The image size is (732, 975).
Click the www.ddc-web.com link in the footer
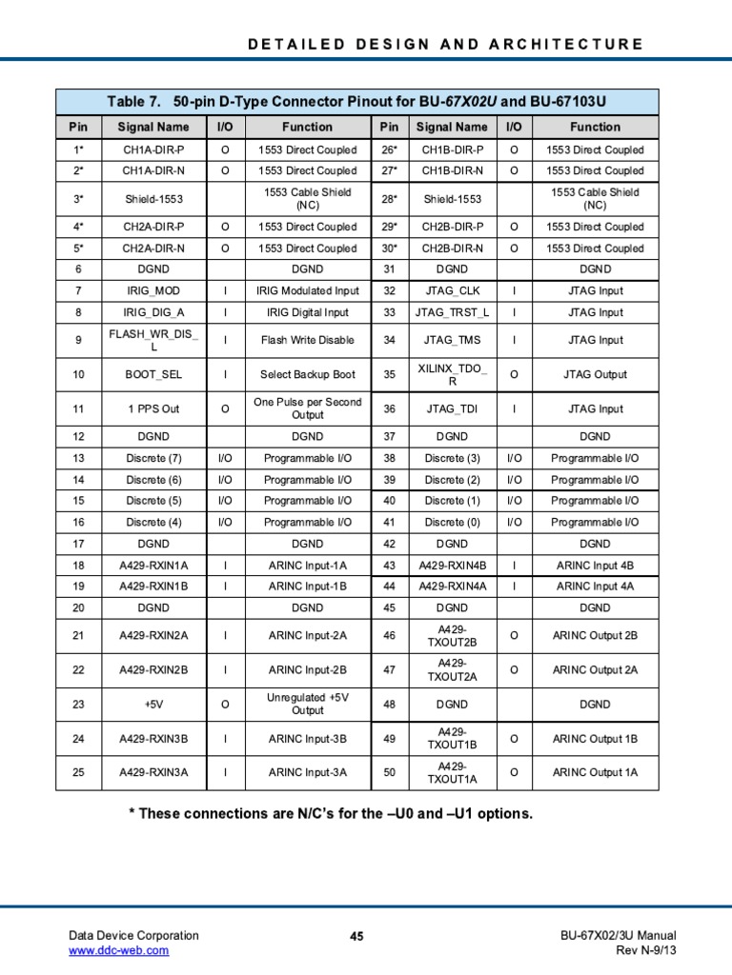tap(118, 950)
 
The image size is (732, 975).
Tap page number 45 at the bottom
tap(357, 937)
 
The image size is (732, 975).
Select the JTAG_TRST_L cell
tap(452, 312)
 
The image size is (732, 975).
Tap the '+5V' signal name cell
tap(153, 705)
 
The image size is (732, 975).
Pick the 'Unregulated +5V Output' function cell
tap(307, 705)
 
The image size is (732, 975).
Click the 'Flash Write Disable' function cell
tap(307, 340)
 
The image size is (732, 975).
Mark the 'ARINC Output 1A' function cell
tap(595, 772)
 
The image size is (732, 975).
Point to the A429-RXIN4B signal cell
tap(452, 566)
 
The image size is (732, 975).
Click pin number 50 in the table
tap(389, 772)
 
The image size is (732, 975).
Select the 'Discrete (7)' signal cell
tap(153, 458)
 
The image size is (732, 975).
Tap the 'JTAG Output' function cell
tap(595, 374)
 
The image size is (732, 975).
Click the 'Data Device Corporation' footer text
tap(133, 936)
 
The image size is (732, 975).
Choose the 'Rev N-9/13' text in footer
tap(646, 950)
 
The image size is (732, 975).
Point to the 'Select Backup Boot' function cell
tap(307, 374)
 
